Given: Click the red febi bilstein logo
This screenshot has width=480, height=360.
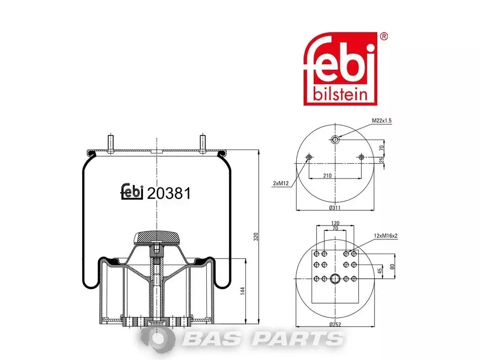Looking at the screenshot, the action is (x=340, y=69).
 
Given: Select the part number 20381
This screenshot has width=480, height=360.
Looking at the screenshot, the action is (x=169, y=193).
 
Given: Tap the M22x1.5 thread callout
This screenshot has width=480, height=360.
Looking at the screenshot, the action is (x=382, y=121).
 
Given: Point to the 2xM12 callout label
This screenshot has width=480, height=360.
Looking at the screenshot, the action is (x=281, y=183).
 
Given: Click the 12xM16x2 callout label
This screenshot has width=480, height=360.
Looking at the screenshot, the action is (x=385, y=236).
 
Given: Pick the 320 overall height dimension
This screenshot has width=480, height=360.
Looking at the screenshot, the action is (x=256, y=236).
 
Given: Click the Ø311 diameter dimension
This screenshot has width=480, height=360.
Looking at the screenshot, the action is (x=335, y=208).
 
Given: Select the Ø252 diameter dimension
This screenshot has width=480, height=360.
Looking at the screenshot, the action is (x=335, y=324).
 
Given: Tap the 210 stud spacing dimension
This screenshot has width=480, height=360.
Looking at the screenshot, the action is (x=327, y=176).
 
